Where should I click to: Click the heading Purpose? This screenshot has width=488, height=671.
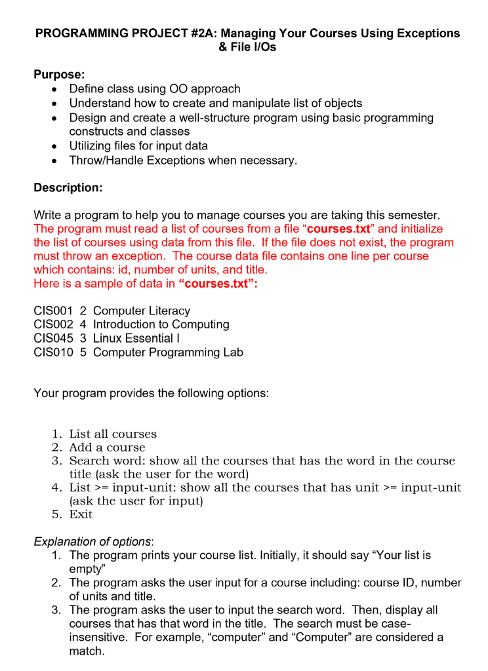59,75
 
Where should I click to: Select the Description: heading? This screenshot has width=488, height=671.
68,188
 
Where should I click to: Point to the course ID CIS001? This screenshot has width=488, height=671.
52,311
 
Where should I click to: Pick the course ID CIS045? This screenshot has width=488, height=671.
52,338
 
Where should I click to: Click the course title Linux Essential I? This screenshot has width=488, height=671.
136,338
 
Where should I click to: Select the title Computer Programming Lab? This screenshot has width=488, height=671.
168,352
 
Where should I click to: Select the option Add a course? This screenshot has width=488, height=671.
107,448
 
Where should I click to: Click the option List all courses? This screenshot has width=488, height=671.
113,434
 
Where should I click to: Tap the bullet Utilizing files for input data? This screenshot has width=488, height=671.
138,145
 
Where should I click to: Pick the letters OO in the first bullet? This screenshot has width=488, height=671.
178,88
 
